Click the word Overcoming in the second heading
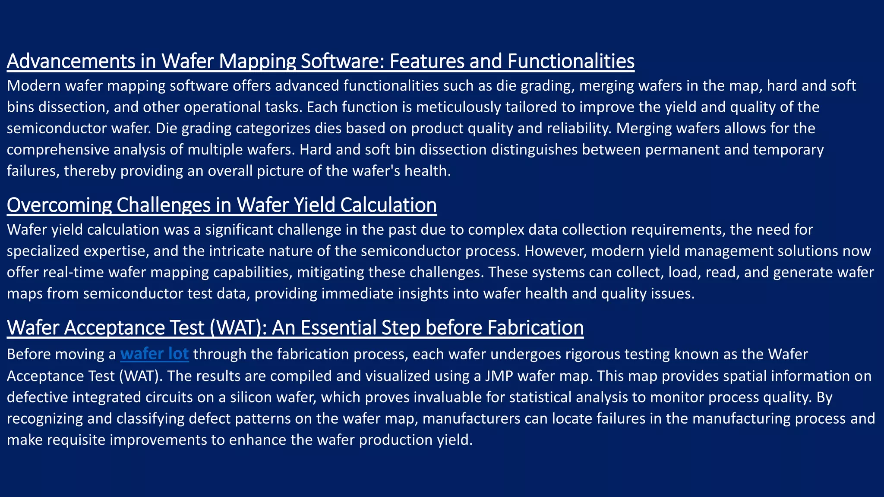(59, 205)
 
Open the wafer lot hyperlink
(155, 354)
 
